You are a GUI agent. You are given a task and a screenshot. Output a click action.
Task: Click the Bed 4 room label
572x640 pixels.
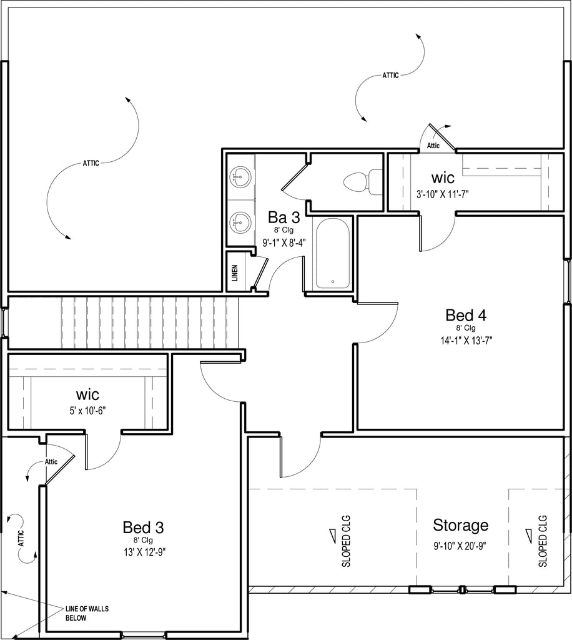[x=466, y=315]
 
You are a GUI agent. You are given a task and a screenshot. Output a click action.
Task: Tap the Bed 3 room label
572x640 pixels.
[x=143, y=527]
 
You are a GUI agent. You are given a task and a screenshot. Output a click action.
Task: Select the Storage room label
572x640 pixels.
[x=461, y=525]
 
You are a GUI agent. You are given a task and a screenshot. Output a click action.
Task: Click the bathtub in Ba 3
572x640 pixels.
[x=333, y=253]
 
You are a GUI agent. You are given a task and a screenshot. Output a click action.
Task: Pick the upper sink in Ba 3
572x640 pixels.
[x=240, y=177]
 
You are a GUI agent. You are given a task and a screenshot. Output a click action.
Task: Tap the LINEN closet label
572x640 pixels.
[x=235, y=273]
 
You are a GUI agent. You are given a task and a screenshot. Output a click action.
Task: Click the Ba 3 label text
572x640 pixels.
[x=284, y=217]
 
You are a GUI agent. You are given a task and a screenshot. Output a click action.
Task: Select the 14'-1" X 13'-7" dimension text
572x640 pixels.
[x=466, y=341]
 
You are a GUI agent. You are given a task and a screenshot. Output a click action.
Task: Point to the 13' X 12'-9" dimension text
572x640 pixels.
[x=144, y=552]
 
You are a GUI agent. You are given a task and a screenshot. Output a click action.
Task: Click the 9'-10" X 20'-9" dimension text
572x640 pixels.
[x=460, y=546]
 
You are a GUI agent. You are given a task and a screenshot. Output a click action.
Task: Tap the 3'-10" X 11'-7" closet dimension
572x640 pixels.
[x=442, y=194]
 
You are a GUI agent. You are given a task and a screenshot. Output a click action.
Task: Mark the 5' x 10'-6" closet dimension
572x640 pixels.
[x=87, y=411]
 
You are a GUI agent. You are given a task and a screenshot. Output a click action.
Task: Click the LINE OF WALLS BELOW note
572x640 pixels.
[x=87, y=613]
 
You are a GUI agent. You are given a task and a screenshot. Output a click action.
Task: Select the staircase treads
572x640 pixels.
[x=149, y=323]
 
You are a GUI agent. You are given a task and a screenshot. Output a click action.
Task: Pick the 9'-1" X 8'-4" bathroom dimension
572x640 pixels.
[x=284, y=243]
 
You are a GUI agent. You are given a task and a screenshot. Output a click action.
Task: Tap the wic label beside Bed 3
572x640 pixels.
[x=87, y=395]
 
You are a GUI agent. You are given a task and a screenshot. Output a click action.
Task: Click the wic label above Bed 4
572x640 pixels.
[x=443, y=178]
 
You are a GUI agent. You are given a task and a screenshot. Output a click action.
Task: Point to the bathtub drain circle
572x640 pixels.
[x=333, y=282]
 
